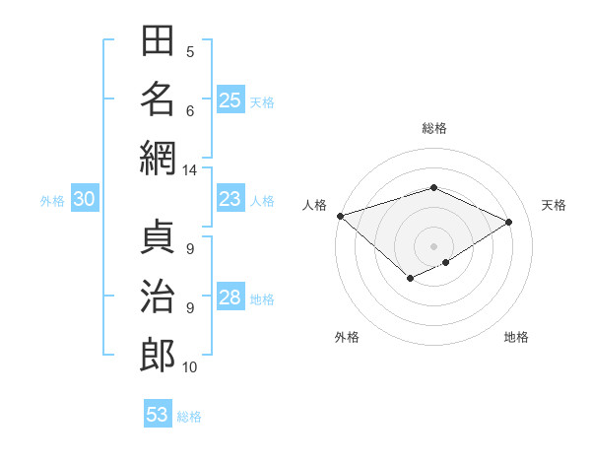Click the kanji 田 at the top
pos(158,40)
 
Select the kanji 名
pos(158,99)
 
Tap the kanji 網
pos(158,159)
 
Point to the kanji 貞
pos(158,236)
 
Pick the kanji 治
pos(158,296)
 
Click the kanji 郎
pos(158,356)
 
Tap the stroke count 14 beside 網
pos(189,170)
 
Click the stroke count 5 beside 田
pos(190,52)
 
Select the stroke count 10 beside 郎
pos(189,367)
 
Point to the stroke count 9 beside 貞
pos(190,249)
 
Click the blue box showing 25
pos(230,99)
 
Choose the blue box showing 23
pos(230,198)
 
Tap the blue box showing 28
pos(230,296)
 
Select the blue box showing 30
pos(85,198)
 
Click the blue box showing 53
pos(158,413)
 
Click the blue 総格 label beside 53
pos(189,417)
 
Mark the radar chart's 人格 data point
pos(341,216)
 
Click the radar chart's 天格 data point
pos(508,222)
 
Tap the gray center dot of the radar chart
pos(433,246)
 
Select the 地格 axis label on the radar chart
pos(516,337)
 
